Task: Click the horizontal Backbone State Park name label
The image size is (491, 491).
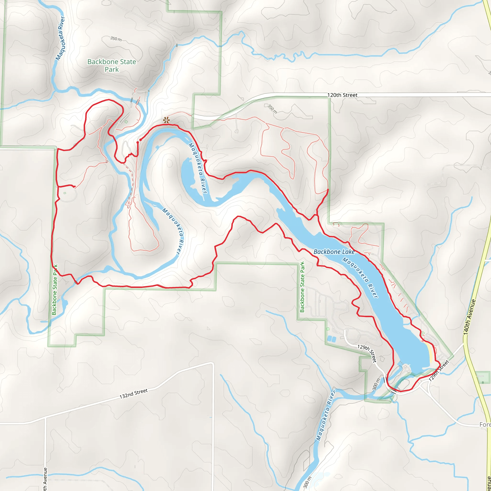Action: (x=111, y=65)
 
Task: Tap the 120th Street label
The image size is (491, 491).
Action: (x=342, y=95)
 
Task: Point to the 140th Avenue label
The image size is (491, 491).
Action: (x=469, y=317)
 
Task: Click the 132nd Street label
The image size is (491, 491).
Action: (x=134, y=394)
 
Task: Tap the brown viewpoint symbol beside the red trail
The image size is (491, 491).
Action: (x=166, y=120)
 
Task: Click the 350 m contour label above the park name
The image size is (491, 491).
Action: (x=116, y=39)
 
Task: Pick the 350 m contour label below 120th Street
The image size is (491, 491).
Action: (x=272, y=109)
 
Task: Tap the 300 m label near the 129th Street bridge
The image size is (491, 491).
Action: (x=376, y=384)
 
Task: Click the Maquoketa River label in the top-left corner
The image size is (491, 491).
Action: (x=60, y=38)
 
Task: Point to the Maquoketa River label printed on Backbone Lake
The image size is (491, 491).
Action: (x=360, y=277)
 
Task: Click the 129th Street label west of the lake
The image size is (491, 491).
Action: (x=367, y=353)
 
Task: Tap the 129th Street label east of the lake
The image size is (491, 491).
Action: (x=439, y=371)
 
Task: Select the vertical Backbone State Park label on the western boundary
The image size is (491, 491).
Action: (x=55, y=289)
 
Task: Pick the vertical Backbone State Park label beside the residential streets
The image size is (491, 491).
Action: (x=302, y=287)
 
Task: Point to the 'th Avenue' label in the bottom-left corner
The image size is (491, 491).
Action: (x=45, y=479)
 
